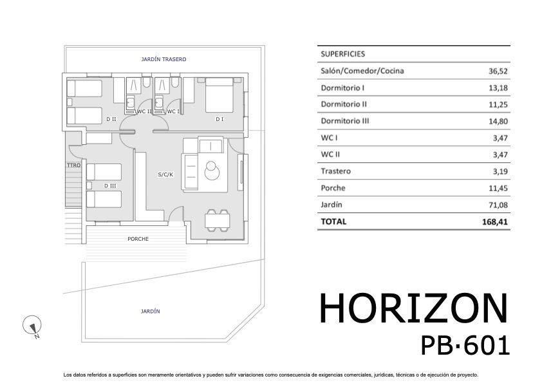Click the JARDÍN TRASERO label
click(164, 59)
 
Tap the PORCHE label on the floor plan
click(138, 239)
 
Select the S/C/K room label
click(165, 174)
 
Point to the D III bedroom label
click(109, 186)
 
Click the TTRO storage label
click(73, 165)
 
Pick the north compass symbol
click(32, 326)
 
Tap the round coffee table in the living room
click(211, 171)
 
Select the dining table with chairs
click(217, 220)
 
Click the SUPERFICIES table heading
click(342, 55)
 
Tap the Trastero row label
click(335, 171)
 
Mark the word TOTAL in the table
click(333, 221)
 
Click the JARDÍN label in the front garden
click(150, 311)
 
